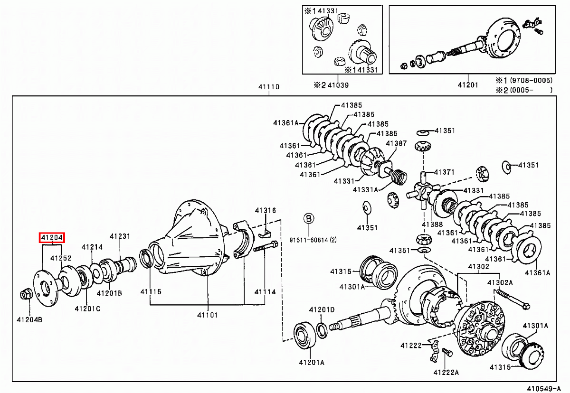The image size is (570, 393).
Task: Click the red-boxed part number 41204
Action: tap(52, 237)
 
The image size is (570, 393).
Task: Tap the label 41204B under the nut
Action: tap(29, 320)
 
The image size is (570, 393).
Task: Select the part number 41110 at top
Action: tap(269, 87)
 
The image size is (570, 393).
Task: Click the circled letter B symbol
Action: tap(309, 218)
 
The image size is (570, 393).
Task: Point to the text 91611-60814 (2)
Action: tap(313, 240)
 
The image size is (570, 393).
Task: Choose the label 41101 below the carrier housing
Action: tap(208, 315)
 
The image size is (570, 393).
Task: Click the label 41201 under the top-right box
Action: tap(467, 85)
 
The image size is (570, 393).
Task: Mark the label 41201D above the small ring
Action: tap(322, 309)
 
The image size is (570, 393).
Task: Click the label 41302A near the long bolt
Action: tap(500, 282)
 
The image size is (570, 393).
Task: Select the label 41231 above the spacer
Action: tap(120, 236)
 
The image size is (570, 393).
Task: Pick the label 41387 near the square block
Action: tap(396, 143)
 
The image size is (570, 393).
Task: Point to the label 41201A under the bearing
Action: tap(312, 362)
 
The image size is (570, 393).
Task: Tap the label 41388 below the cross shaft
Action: tap(432, 225)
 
